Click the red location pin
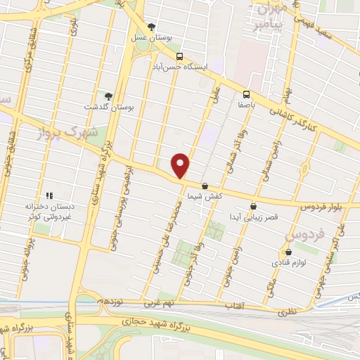pyautogui.click(x=181, y=165)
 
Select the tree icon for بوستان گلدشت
pyautogui.click(x=108, y=96)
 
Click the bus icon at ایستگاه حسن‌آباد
pyautogui.click(x=180, y=56)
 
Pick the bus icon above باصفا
pyautogui.click(x=246, y=94)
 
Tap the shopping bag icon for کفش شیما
pyautogui.click(x=205, y=187)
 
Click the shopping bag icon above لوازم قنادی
pyautogui.click(x=288, y=252)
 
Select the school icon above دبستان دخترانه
pyautogui.click(x=49, y=195)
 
